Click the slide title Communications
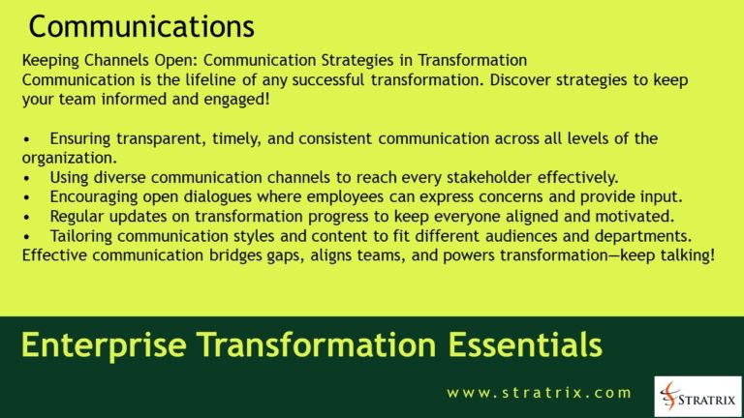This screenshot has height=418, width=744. point(141,24)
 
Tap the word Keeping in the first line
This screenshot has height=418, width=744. point(50,61)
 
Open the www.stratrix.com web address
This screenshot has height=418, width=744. point(539,393)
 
